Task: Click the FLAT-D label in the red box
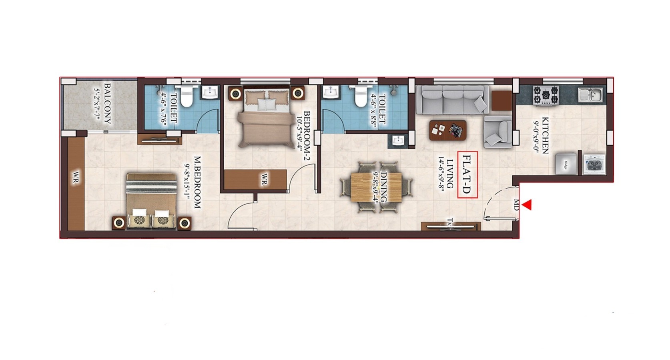click(x=467, y=175)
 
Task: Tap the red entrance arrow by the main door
click(x=527, y=205)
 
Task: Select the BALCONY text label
click(x=107, y=104)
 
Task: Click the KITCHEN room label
click(x=545, y=136)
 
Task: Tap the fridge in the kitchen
click(x=566, y=164)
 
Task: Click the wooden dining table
click(x=376, y=188)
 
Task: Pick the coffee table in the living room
click(x=448, y=130)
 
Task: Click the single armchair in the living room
click(x=498, y=132)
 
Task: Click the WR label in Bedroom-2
click(x=264, y=179)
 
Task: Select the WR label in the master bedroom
click(x=76, y=178)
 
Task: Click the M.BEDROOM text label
click(x=197, y=182)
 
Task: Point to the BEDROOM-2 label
click(x=307, y=137)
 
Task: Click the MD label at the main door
click(x=516, y=205)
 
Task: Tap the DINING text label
click(x=384, y=186)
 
